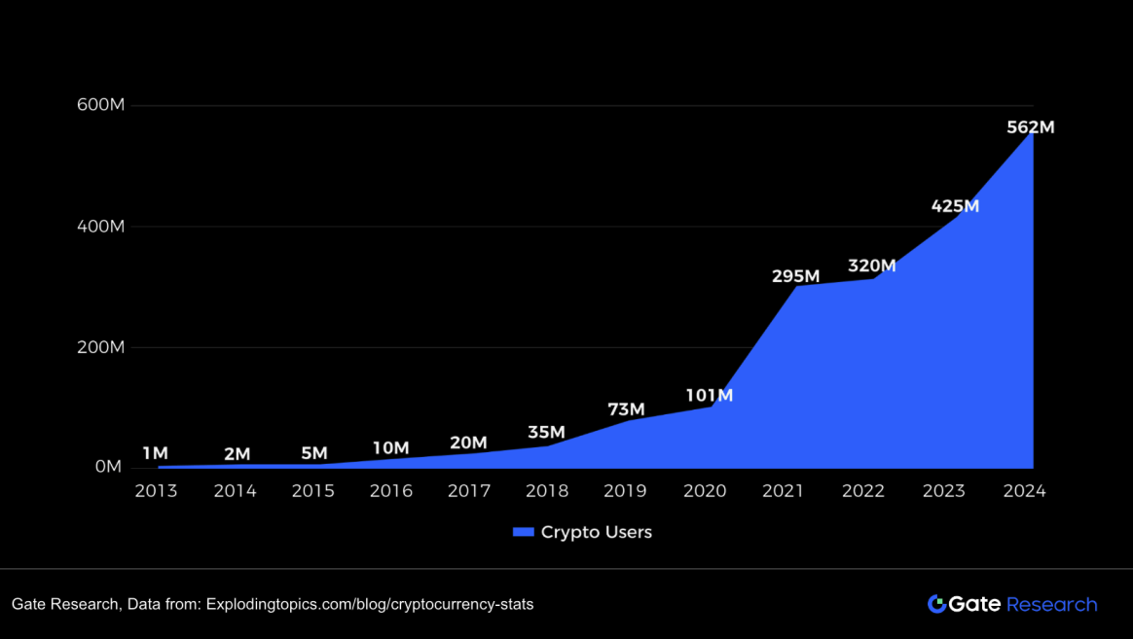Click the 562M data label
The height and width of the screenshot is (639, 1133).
click(1031, 127)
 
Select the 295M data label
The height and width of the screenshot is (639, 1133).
click(795, 276)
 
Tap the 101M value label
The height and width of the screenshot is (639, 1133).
click(709, 396)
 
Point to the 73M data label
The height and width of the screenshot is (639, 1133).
click(625, 409)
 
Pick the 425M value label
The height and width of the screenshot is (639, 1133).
click(955, 206)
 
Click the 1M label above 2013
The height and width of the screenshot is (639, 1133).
click(155, 453)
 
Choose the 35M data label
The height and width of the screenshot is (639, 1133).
click(546, 432)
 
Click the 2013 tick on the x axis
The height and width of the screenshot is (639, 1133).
click(156, 491)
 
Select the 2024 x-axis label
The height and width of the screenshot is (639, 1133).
click(1024, 491)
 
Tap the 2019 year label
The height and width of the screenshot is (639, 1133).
click(625, 491)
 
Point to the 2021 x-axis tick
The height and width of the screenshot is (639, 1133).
click(783, 491)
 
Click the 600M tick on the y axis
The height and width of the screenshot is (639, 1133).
click(100, 105)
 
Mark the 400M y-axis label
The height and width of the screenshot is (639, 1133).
click(100, 227)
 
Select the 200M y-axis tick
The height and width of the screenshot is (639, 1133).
click(100, 347)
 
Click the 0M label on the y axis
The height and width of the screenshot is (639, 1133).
click(108, 467)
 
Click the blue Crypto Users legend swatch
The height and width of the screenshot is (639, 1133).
click(524, 532)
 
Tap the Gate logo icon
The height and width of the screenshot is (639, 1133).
click(937, 604)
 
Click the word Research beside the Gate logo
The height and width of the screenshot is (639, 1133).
click(1051, 604)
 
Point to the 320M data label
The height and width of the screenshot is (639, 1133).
click(871, 266)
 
